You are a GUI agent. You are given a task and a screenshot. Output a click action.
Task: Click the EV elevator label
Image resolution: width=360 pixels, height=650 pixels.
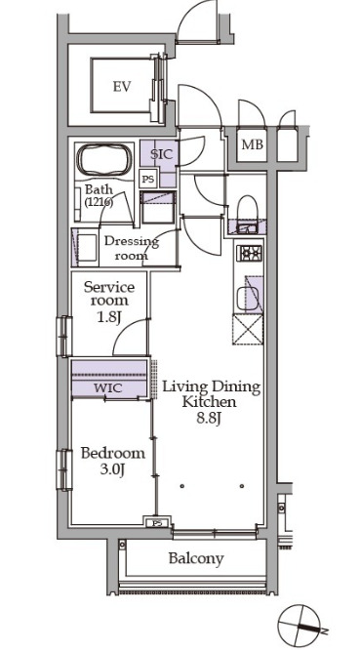tap(122, 87)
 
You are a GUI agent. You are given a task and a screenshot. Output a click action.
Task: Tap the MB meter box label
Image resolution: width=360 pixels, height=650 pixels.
tap(252, 144)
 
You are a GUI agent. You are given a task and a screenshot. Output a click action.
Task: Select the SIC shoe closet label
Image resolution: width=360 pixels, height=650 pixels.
tap(161, 154)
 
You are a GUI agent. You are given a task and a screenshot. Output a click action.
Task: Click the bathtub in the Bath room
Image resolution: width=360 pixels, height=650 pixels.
tap(104, 160)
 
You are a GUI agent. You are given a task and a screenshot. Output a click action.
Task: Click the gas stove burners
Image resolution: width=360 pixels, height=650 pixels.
tap(249, 253)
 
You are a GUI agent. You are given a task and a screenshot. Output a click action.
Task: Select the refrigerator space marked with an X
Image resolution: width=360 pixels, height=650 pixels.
tap(248, 329)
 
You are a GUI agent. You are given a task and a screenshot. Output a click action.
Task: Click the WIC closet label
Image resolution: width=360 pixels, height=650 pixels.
tap(107, 388)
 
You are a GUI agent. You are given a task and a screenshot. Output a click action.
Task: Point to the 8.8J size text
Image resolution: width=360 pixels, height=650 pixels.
tap(211, 418)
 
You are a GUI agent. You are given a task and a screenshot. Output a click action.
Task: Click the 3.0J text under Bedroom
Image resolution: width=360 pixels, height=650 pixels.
tap(112, 469)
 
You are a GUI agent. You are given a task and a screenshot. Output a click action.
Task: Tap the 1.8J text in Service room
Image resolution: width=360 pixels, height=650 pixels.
tap(108, 318)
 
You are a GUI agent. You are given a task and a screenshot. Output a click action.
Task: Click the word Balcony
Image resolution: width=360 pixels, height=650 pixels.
tap(196, 558)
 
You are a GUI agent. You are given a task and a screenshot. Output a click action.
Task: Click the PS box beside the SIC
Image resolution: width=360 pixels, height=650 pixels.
tap(147, 180)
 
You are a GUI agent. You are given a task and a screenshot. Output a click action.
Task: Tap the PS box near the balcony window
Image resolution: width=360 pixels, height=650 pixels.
tap(158, 522)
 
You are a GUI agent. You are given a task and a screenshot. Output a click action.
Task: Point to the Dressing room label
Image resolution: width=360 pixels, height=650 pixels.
tap(131, 248)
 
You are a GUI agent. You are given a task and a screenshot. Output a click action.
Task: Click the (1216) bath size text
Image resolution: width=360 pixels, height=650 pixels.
tap(99, 203)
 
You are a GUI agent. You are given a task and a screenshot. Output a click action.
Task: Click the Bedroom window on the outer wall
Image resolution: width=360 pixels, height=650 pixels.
tap(63, 469)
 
